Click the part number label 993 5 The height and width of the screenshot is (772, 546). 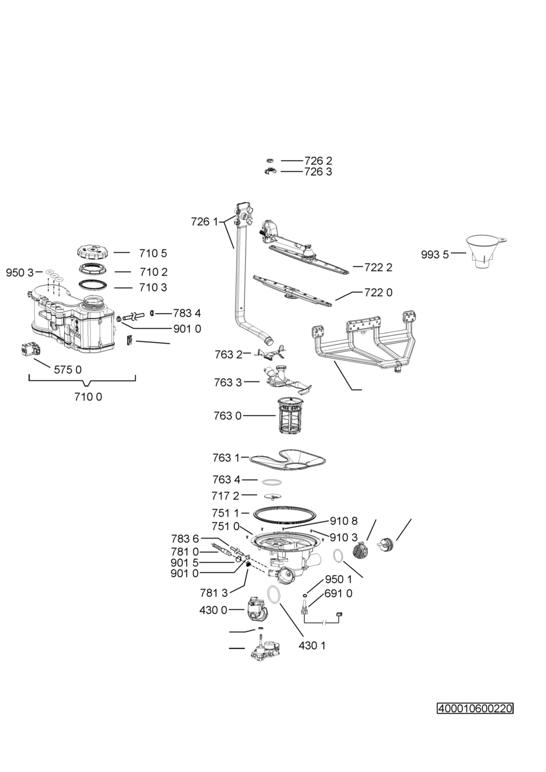[435, 255]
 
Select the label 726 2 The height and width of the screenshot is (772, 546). [318, 161]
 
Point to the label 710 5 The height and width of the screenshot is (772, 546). [153, 253]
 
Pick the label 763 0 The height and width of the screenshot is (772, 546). [228, 416]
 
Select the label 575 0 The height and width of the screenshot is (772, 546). [68, 370]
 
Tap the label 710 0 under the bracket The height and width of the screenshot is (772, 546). [88, 397]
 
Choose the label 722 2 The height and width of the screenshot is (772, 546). [378, 268]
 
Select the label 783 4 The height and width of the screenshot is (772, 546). [187, 313]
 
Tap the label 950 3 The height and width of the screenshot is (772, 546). [20, 273]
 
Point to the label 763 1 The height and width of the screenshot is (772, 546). [226, 458]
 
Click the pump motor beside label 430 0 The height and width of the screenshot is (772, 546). [257, 610]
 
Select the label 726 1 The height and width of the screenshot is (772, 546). [205, 221]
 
